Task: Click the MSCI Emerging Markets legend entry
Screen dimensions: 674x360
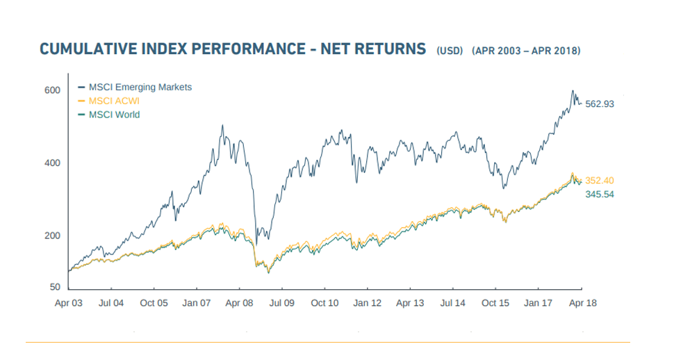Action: (135, 88)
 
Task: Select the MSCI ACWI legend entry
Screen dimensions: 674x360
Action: (109, 101)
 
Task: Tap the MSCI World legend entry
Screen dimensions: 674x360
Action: (109, 115)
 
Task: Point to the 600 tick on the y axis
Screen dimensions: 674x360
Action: (52, 90)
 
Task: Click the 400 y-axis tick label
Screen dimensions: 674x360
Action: (52, 163)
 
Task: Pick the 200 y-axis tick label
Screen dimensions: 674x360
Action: (52, 236)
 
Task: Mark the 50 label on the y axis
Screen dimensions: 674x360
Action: (55, 287)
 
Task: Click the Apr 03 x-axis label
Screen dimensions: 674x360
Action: (68, 303)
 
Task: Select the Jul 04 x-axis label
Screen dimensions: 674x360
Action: (111, 303)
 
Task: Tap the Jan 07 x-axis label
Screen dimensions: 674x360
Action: (197, 303)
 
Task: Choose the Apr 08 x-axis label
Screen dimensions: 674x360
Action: (240, 303)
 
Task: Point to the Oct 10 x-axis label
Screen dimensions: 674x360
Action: (324, 303)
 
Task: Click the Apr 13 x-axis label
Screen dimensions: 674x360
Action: (410, 303)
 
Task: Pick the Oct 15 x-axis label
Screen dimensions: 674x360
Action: (495, 303)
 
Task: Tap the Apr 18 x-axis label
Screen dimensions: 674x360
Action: (583, 303)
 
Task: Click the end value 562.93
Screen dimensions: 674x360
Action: (600, 104)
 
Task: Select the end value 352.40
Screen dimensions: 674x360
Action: (600, 181)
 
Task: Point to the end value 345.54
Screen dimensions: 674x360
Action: (600, 195)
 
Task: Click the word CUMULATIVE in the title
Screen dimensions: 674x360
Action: (88, 49)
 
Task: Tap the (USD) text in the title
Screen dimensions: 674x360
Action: (450, 51)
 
